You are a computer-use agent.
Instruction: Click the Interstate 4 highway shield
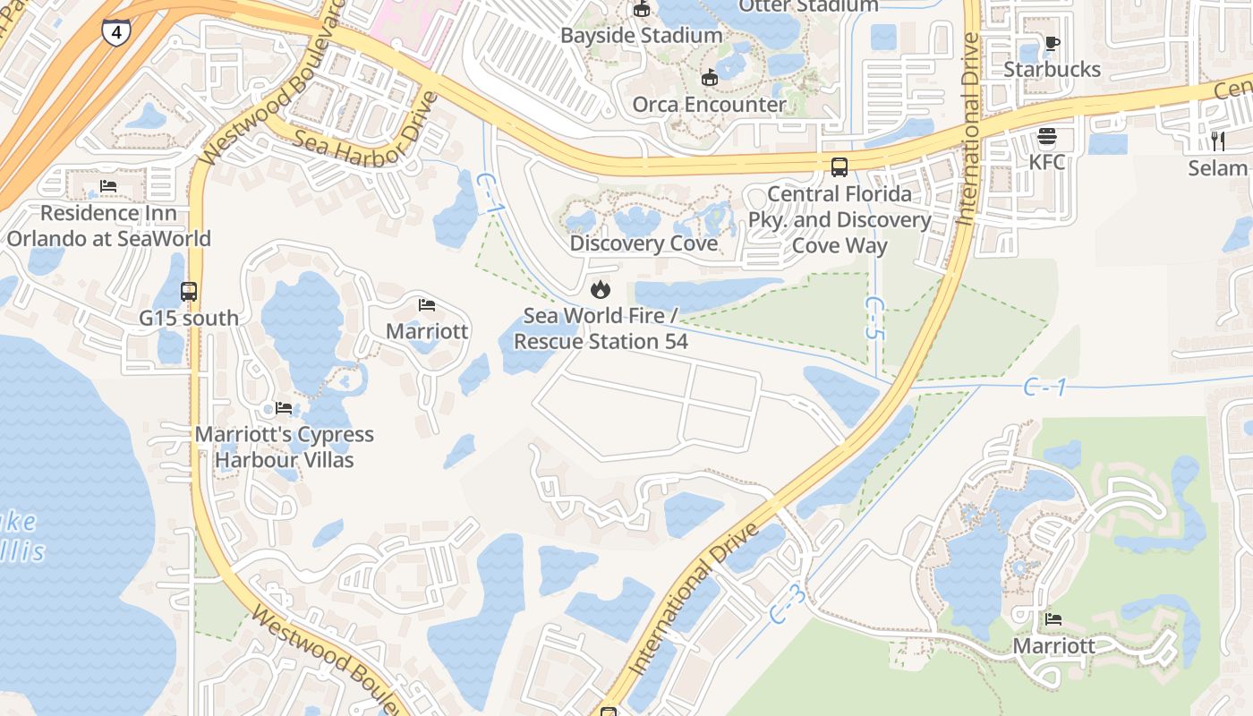point(115,32)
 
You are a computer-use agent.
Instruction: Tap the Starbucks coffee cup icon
point(1053,44)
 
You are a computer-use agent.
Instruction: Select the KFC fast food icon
point(1046,137)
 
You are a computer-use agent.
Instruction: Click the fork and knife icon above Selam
point(1217,141)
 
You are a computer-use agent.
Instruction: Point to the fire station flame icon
point(600,289)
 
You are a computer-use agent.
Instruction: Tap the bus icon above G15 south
point(189,292)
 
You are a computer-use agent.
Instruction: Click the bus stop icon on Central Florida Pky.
point(840,167)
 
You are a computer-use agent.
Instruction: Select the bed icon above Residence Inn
point(108,187)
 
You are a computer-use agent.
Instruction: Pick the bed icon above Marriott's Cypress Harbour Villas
point(284,408)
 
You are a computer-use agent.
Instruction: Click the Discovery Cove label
point(644,243)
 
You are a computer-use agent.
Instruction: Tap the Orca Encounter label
point(709,104)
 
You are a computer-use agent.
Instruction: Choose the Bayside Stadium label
point(641,35)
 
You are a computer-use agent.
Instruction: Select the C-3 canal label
point(788,603)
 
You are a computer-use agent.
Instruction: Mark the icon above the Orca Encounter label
point(710,78)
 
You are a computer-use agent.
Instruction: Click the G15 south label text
point(189,318)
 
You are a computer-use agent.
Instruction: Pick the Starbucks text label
point(1052,69)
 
